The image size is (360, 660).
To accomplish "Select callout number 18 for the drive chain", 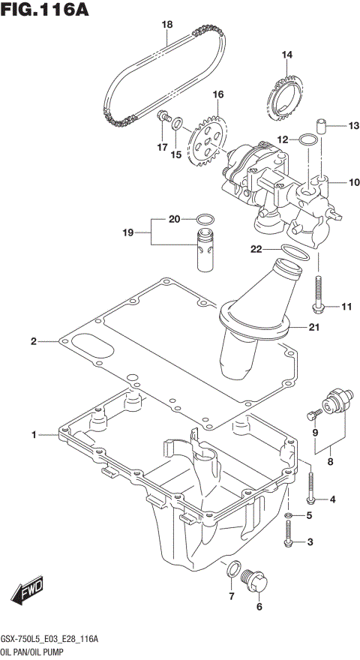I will pyautogui.click(x=166, y=25).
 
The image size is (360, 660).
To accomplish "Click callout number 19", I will pyautogui.click(x=128, y=233).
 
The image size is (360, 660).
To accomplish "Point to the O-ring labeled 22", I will pyautogui.click(x=294, y=253).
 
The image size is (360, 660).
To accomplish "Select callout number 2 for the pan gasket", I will pyautogui.click(x=33, y=343).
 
